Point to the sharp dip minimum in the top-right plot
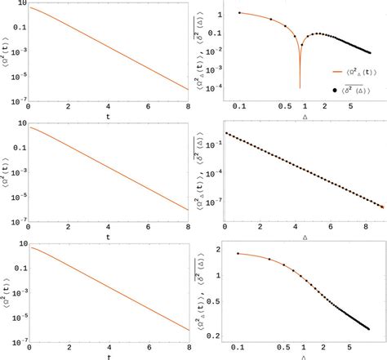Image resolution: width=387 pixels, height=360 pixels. click(x=300, y=87)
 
